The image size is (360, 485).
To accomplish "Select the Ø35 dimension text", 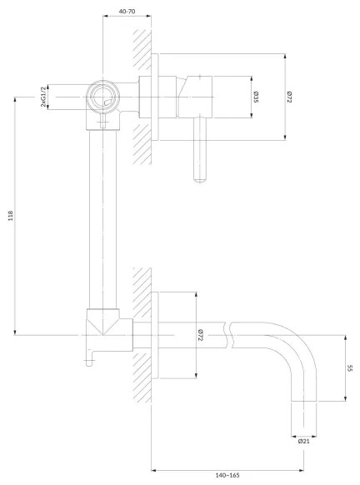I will coord(256,97).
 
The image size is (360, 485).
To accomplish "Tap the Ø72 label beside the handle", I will coord(289,97).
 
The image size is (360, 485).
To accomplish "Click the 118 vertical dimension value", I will coord(10,216).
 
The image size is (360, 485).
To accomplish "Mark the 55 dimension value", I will coord(349,369).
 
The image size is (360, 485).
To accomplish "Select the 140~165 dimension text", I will coord(227,475).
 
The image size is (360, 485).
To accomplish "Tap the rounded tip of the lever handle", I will coord(200,176).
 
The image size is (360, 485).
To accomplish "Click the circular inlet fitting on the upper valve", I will coord(102,97).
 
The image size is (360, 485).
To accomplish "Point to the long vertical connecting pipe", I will coord(102,217).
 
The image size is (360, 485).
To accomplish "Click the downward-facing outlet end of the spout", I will coord(304,417).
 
